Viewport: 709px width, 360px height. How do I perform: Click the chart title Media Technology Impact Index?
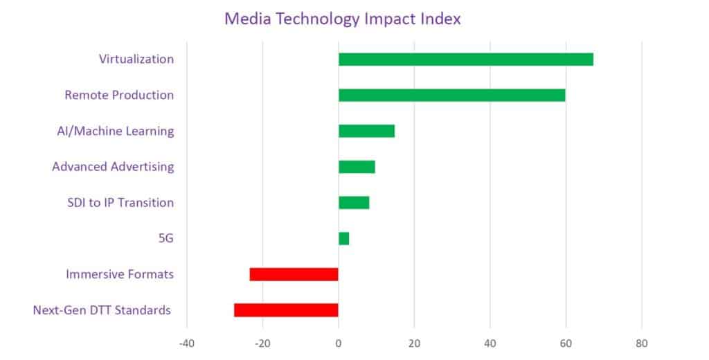[342, 19]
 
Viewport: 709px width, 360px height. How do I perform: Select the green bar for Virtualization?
[465, 60]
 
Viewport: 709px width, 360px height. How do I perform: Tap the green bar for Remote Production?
[451, 96]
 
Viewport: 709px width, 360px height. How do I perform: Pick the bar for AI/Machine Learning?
[366, 131]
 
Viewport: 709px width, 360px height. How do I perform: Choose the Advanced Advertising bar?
[357, 167]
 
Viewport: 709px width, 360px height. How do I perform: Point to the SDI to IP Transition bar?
[354, 203]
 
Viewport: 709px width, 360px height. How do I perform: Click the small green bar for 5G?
[343, 239]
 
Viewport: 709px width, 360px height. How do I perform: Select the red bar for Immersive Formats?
[294, 274]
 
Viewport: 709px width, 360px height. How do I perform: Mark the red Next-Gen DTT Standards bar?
[286, 310]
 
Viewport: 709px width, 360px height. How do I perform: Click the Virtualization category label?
[136, 59]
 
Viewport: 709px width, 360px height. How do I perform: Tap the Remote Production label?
[119, 95]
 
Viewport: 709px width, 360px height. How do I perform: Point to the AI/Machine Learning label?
[116, 131]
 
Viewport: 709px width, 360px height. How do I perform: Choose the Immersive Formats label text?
[120, 275]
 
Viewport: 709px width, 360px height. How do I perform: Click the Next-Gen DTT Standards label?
[102, 310]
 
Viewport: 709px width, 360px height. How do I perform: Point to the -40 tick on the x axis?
[186, 343]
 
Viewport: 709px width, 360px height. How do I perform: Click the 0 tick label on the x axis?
[338, 343]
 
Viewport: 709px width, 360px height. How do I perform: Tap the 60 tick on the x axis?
[566, 343]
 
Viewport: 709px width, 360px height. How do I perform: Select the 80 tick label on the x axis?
[642, 343]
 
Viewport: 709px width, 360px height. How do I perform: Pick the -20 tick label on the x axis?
[262, 343]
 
